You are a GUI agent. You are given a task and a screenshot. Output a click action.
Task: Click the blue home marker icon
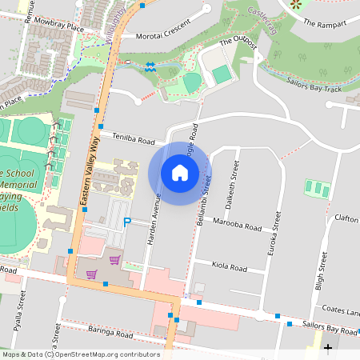coord(180,173)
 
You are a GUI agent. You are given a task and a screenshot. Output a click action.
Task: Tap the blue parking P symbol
coord(126,222)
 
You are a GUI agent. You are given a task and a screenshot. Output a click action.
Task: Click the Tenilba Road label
coord(134,139)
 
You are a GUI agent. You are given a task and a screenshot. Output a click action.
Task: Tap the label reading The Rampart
coord(325,23)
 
